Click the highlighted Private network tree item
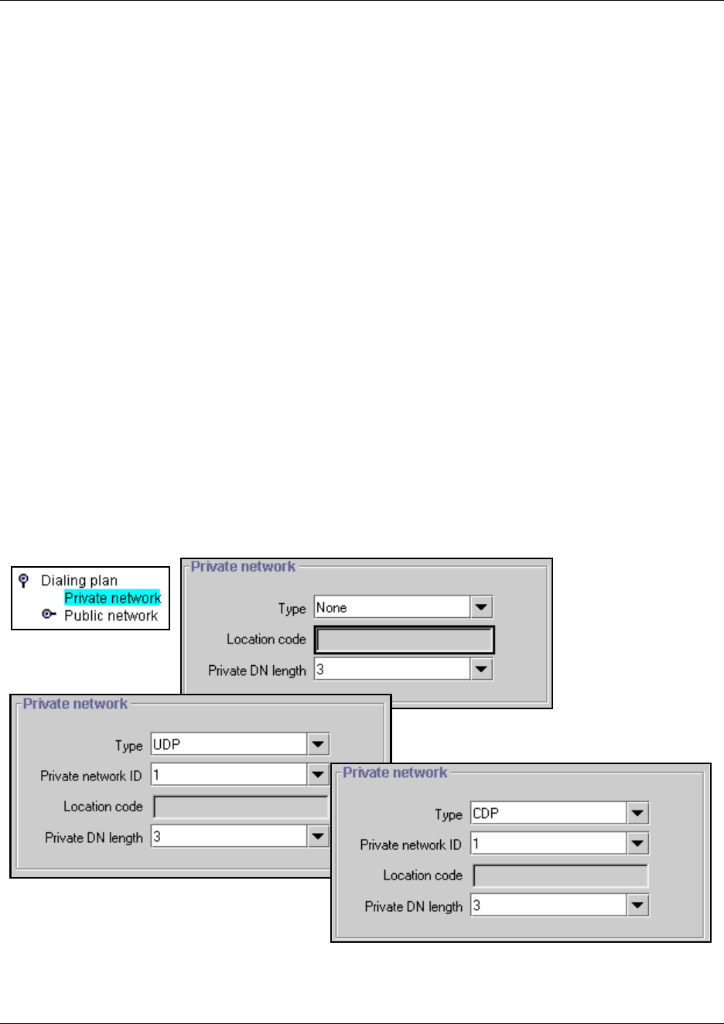pos(112,598)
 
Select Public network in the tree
pos(111,616)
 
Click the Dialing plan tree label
pos(79,580)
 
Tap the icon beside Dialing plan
pos(24,580)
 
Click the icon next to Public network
pos(49,615)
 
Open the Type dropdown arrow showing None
pos(481,608)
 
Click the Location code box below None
pos(404,640)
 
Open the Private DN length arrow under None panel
pos(481,670)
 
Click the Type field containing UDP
pos(229,745)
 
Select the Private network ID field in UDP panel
pos(229,775)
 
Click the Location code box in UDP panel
pos(240,807)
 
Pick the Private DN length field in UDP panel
pos(229,837)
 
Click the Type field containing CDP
pos(548,814)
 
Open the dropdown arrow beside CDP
pos(637,814)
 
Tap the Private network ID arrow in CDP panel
pos(637,844)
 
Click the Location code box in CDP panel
pos(560,876)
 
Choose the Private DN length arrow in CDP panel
pos(637,906)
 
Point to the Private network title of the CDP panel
pos(394,773)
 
